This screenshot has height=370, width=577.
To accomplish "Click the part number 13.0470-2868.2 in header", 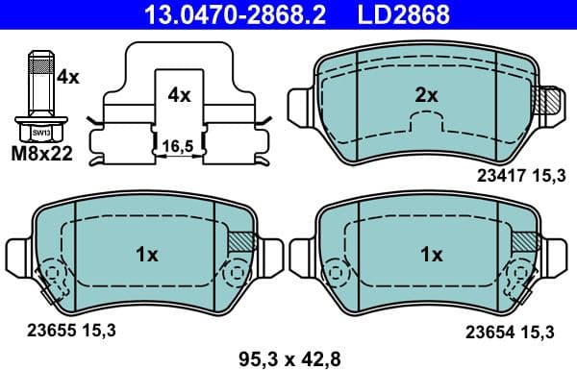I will (216, 14).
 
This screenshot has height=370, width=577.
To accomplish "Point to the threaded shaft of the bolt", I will (39, 83).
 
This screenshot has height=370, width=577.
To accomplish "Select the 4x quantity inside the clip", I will (179, 95).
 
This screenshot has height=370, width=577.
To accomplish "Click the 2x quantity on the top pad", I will (426, 95).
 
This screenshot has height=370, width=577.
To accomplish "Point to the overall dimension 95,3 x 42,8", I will (289, 358).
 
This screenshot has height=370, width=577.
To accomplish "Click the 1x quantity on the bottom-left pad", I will (146, 255).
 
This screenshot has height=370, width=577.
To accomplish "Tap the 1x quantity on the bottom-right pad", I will (432, 255).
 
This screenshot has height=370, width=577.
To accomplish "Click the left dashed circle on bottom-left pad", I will (51, 279).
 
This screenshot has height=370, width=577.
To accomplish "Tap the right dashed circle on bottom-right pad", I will (525, 278).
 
